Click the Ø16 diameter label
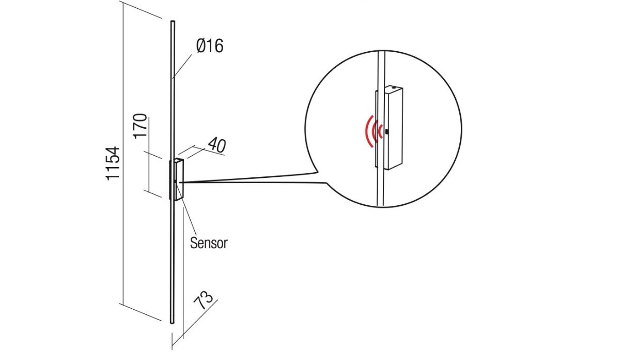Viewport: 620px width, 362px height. pyautogui.click(x=209, y=46)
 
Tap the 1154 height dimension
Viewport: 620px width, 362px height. pyautogui.click(x=113, y=163)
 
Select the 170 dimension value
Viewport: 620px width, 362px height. pyautogui.click(x=140, y=126)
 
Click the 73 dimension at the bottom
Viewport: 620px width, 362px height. pyautogui.click(x=204, y=300)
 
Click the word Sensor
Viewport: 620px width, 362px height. pyautogui.click(x=209, y=243)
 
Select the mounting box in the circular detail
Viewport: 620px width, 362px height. pyautogui.click(x=394, y=128)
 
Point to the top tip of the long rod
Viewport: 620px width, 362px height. pyautogui.click(x=173, y=22)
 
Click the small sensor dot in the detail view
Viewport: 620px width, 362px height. pyautogui.click(x=386, y=131)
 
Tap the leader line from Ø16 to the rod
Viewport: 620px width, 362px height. pyautogui.click(x=184, y=64)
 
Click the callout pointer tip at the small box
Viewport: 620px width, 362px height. pyautogui.click(x=181, y=182)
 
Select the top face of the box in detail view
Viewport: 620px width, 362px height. pyautogui.click(x=393, y=88)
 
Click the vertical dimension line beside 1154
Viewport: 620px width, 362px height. pyautogui.click(x=122, y=155)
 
